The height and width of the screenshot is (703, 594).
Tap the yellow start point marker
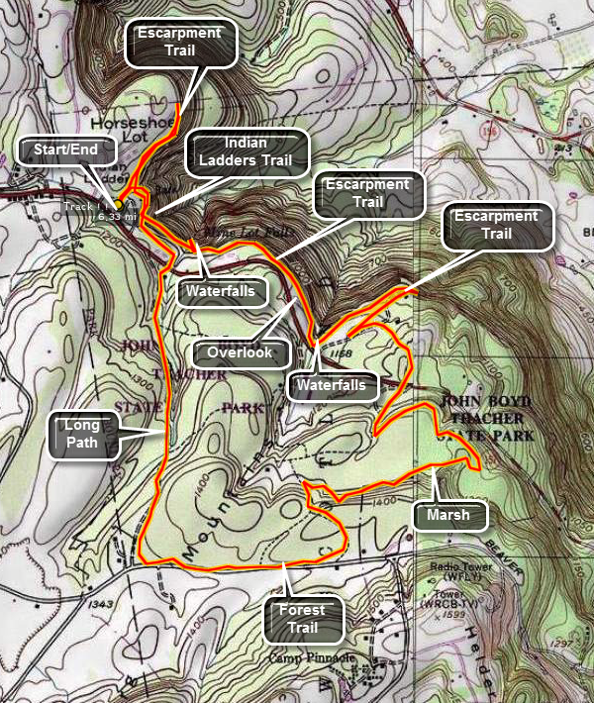117,205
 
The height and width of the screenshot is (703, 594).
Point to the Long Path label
82,434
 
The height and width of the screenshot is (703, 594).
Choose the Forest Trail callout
308,618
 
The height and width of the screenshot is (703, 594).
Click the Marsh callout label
448,515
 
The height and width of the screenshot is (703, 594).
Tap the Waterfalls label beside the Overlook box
333,384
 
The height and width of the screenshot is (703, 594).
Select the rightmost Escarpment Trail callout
496,228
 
